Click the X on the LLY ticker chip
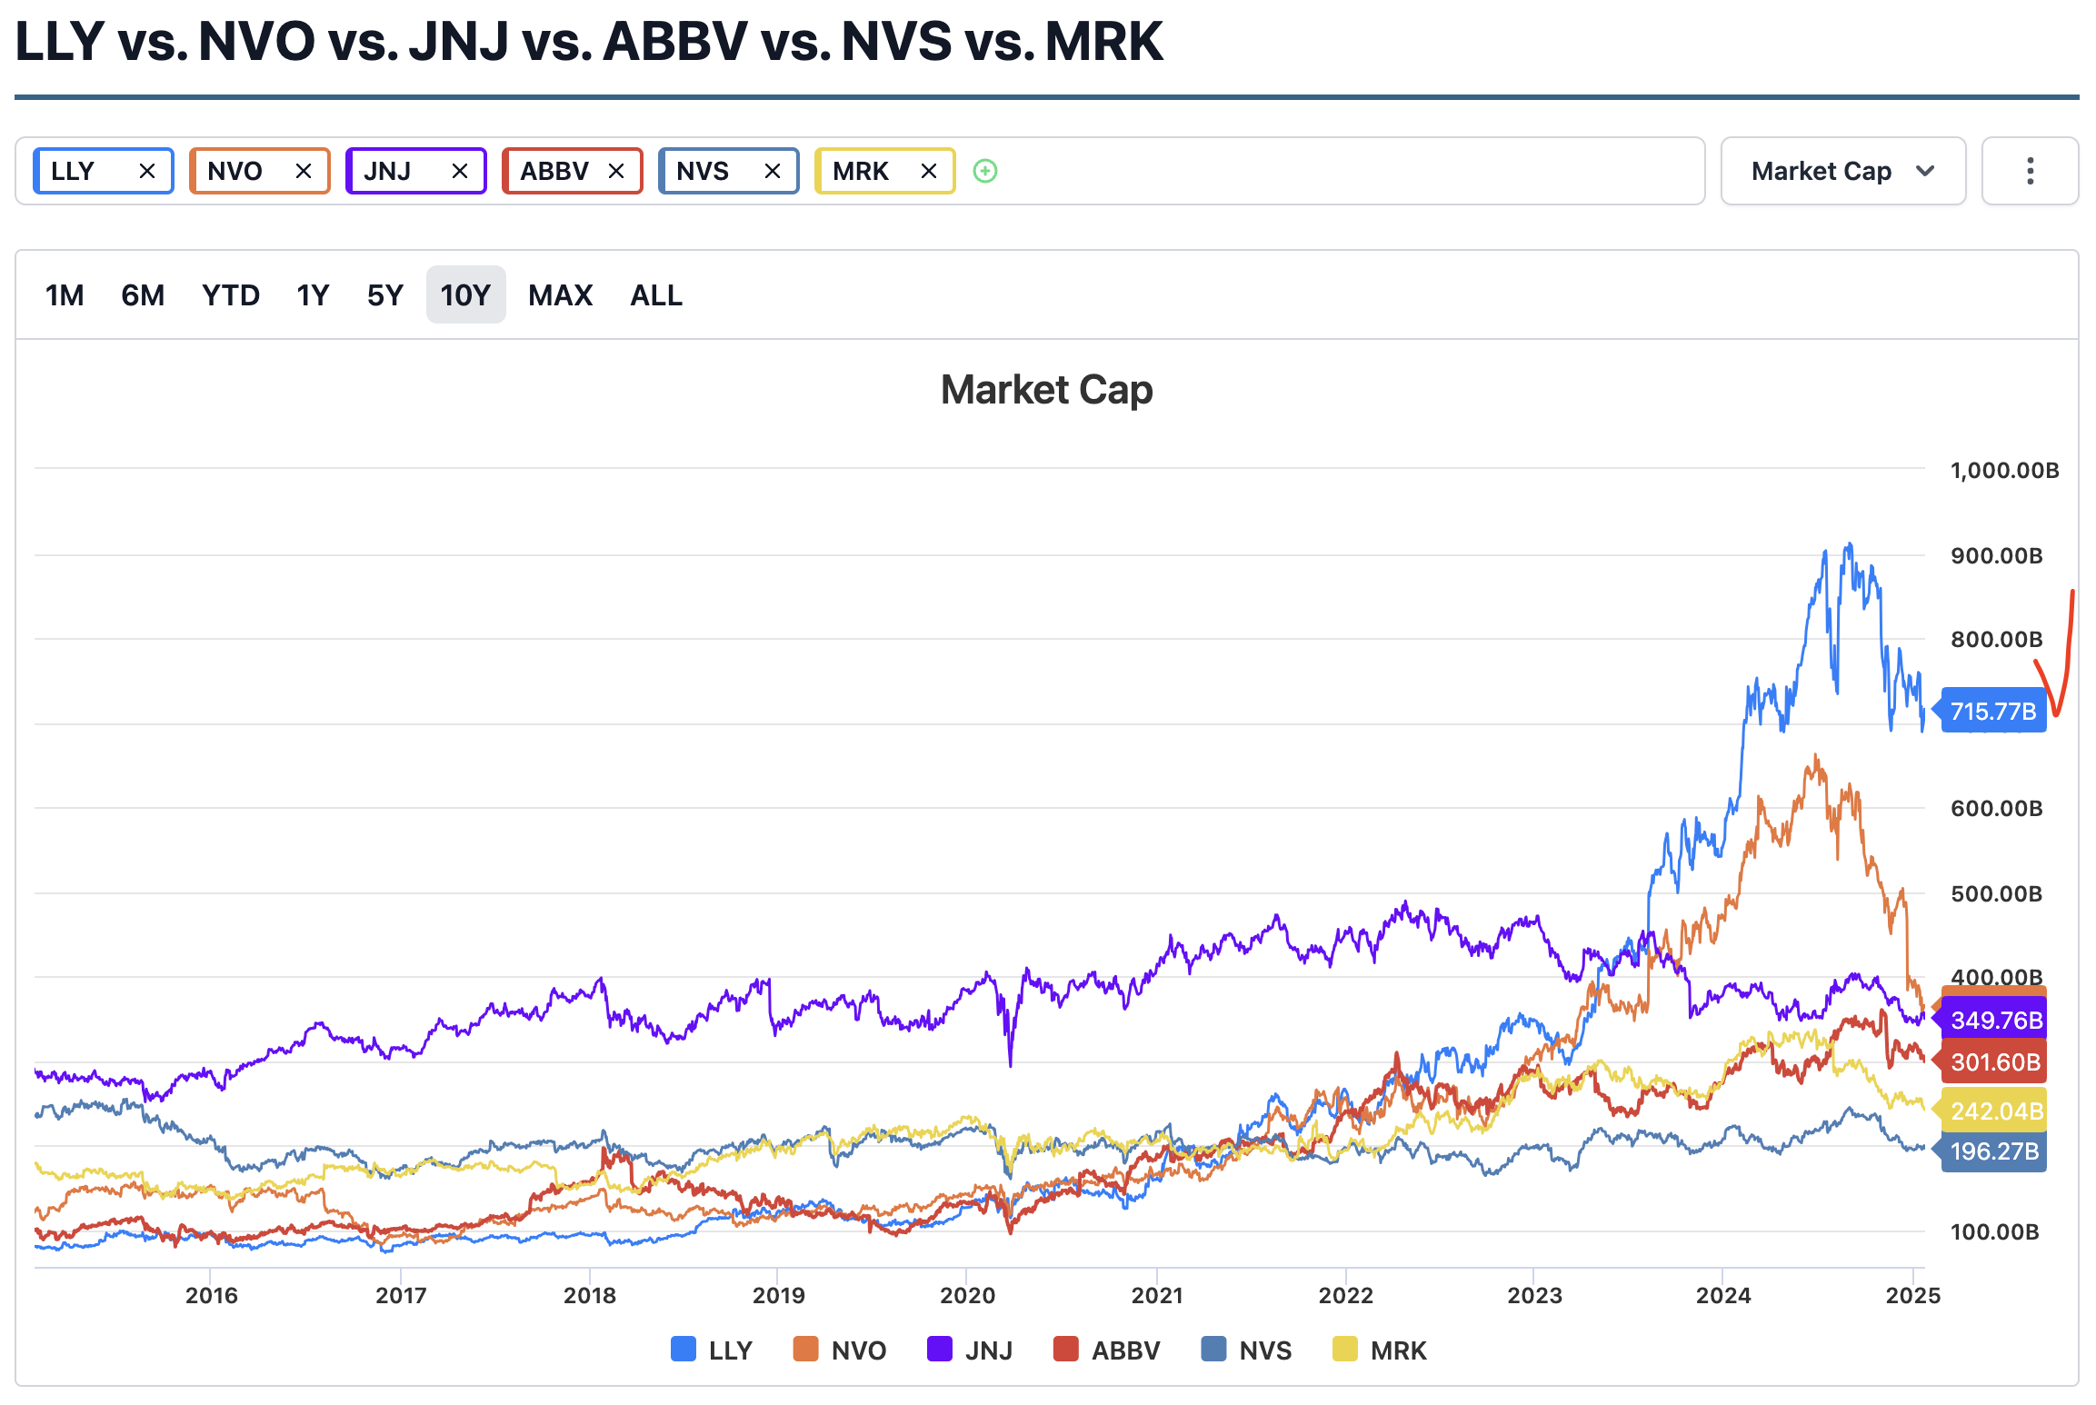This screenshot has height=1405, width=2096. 147,171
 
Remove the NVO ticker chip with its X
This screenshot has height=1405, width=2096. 304,171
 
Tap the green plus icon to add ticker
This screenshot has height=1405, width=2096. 985,171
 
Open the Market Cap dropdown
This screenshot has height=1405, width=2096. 1842,171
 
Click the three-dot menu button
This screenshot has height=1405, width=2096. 2030,171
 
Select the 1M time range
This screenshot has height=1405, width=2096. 65,295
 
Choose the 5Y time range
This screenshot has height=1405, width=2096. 384,295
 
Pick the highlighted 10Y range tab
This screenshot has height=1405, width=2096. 465,295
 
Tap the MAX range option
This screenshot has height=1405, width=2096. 560,295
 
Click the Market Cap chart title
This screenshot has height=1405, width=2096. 1046,390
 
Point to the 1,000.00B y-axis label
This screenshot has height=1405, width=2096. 2004,471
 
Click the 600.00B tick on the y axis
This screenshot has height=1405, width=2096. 1996,809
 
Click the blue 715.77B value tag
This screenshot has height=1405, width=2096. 1993,711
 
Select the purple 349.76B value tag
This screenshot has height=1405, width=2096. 1996,1020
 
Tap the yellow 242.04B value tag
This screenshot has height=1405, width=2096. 1996,1111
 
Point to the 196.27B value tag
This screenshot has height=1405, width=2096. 1994,1151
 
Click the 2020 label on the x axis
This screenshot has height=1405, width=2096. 967,1295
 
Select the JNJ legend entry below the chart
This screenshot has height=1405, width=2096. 970,1350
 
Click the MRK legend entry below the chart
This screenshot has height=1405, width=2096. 1379,1350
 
